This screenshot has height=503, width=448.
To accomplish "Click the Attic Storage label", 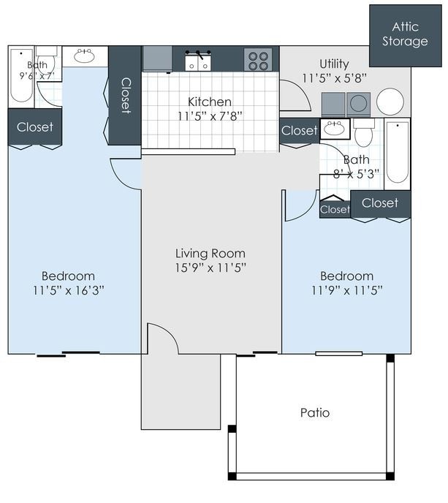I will pyautogui.click(x=405, y=34).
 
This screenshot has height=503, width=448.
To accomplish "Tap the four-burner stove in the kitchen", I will pyautogui.click(x=257, y=59).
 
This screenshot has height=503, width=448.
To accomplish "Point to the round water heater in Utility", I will pyautogui.click(x=390, y=102).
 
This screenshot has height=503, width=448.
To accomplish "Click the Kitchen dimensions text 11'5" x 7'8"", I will pyautogui.click(x=210, y=116).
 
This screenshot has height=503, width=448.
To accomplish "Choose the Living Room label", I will pyautogui.click(x=210, y=254).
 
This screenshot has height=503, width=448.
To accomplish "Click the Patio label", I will pyautogui.click(x=315, y=412).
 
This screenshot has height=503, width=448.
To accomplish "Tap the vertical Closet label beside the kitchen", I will pyautogui.click(x=125, y=95).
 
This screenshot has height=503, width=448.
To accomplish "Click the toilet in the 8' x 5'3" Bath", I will pyautogui.click(x=363, y=134).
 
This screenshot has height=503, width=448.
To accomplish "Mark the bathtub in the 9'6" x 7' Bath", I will pyautogui.click(x=21, y=76).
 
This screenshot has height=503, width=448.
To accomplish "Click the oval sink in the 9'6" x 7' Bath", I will pyautogui.click(x=84, y=56).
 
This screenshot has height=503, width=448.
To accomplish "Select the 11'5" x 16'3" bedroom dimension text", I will pyautogui.click(x=68, y=290).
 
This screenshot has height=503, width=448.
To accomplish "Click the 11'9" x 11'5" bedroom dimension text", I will pyautogui.click(x=346, y=290).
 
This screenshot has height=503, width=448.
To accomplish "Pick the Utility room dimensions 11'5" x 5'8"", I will pyautogui.click(x=334, y=77).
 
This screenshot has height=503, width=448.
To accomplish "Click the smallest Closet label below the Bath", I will pyautogui.click(x=335, y=210).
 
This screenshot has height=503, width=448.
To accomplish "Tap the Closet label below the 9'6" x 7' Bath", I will pyautogui.click(x=34, y=127).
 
